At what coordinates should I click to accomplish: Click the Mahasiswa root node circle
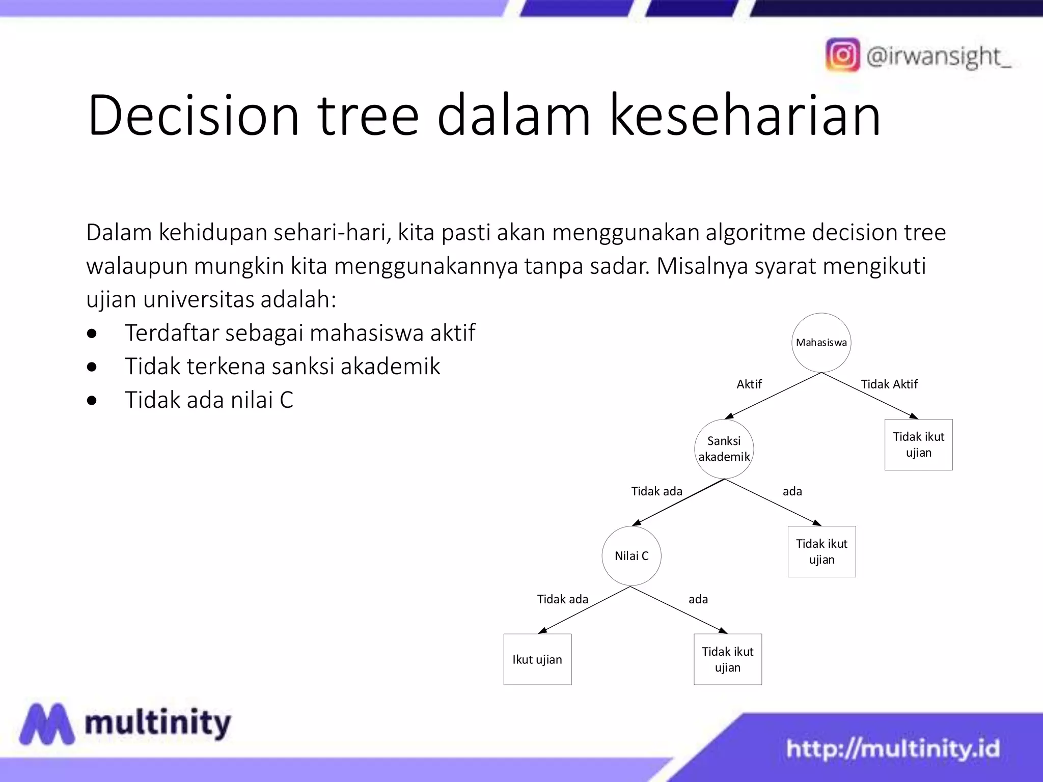(821, 342)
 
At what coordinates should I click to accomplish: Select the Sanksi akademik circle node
(724, 449)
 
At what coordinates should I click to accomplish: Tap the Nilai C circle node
(631, 555)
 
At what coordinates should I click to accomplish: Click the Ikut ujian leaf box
(537, 659)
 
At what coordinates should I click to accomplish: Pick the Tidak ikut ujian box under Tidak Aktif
(918, 444)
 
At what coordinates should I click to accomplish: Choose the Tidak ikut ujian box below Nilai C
(727, 659)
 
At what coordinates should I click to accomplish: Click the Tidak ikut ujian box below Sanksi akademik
(821, 551)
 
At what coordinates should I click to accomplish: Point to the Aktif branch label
(749, 384)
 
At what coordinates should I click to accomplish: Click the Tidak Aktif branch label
(889, 384)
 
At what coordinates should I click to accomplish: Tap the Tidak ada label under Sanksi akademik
(656, 491)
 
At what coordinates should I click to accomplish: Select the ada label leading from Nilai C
(698, 599)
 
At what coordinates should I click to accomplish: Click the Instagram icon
(842, 55)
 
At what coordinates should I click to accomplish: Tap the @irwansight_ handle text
(938, 57)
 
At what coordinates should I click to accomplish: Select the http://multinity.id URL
(893, 748)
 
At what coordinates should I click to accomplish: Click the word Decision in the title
(194, 116)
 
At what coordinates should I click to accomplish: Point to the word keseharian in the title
(745, 116)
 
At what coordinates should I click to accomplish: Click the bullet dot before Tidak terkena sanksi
(92, 367)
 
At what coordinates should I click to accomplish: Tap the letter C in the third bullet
(286, 400)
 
